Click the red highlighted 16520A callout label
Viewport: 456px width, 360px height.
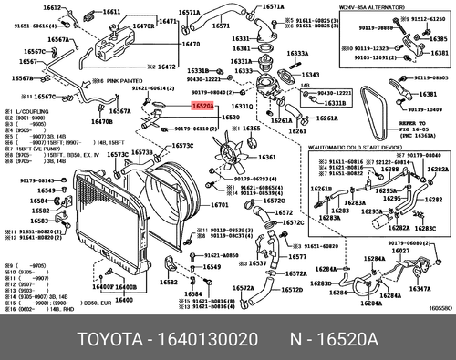[202, 107]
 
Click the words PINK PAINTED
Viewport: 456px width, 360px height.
[102, 81]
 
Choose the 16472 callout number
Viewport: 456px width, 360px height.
[165, 67]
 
